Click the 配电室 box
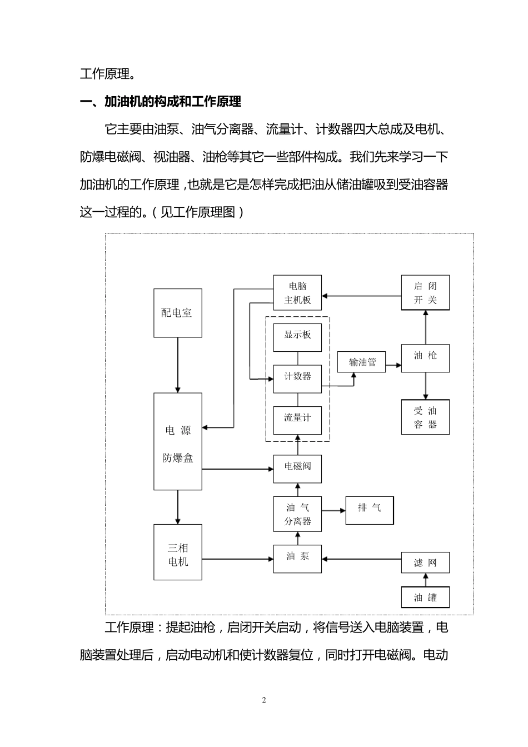[177, 313]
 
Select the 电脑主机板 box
[297, 293]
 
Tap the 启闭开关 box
[425, 293]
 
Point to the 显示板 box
[297, 335]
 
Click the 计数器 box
[297, 377]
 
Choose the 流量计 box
[297, 418]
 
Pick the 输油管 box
[362, 362]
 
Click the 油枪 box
[425, 356]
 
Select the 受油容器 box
[425, 418]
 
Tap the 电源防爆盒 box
[177, 442]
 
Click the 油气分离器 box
[297, 514]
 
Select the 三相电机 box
[177, 555]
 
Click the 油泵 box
[297, 556]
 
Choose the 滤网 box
[425, 563]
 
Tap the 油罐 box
[425, 598]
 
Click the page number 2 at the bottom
[264, 700]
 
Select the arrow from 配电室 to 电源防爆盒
[178, 365]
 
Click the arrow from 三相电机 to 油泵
[237, 560]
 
